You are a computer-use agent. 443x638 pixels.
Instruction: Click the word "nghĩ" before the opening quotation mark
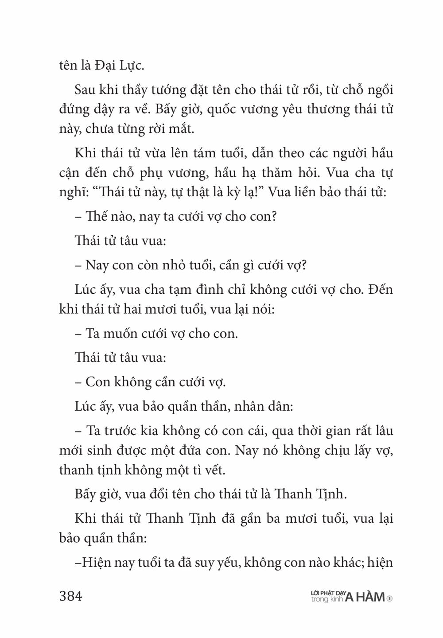pyautogui.click(x=74, y=193)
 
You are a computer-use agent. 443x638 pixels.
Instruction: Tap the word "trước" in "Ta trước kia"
pyautogui.click(x=117, y=431)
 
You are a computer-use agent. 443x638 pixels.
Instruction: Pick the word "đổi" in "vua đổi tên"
pyautogui.click(x=165, y=494)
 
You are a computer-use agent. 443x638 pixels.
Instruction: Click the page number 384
pyautogui.click(x=71, y=596)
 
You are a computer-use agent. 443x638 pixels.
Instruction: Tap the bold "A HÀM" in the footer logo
pyautogui.click(x=365, y=597)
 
